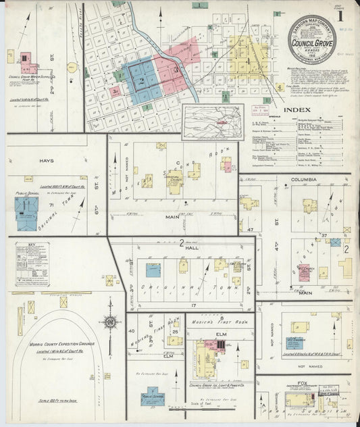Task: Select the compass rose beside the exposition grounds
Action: tap(109, 323)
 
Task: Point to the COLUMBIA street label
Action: tap(304, 180)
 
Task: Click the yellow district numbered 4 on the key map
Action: tap(280, 86)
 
